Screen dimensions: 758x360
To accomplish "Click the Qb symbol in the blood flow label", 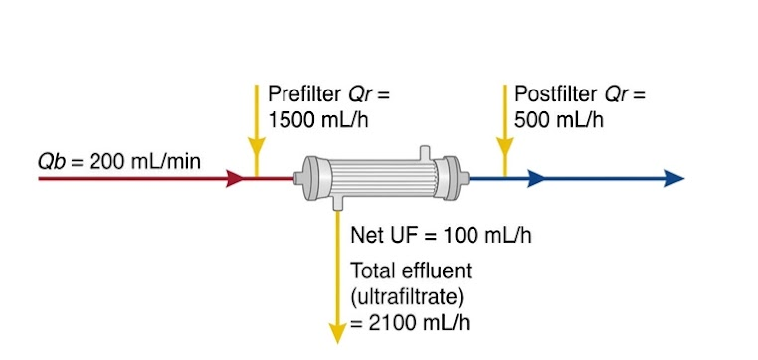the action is tap(51, 161).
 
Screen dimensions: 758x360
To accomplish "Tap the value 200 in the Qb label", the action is tap(104, 161).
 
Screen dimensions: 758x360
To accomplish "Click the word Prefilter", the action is tap(304, 94).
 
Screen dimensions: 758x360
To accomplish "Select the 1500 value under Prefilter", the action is tap(287, 120).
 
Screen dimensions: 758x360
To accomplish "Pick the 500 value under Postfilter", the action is tap(530, 120).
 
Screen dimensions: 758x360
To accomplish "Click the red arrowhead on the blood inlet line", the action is tap(235, 179).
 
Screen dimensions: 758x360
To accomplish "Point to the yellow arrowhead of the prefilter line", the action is tap(257, 146).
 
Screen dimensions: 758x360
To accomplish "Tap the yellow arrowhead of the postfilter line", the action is tap(505, 146).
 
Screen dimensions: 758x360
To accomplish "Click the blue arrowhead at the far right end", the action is tap(674, 178).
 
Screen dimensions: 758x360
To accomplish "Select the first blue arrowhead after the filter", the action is tap(535, 178).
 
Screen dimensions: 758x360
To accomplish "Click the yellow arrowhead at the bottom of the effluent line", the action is tap(337, 333).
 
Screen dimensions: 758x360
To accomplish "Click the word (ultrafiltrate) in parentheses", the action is tap(407, 297).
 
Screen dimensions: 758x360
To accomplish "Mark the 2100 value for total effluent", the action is tap(388, 323).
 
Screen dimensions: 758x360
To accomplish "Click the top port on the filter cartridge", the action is tap(425, 152).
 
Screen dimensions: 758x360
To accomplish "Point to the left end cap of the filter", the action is tap(310, 178).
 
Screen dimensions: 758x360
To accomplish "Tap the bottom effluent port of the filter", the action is tap(338, 203).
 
